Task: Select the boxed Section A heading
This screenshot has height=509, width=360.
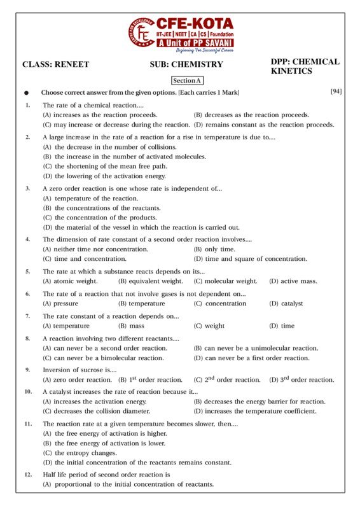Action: coord(187,81)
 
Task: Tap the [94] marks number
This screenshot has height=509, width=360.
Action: coord(336,92)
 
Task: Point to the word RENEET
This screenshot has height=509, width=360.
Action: coord(71,64)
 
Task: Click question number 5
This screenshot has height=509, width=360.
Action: coord(27,271)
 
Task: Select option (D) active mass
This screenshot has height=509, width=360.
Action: coord(291,281)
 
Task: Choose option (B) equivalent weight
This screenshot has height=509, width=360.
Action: coord(151,281)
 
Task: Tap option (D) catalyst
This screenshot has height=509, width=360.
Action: coord(286,303)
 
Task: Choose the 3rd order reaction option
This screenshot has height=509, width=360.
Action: coord(301,379)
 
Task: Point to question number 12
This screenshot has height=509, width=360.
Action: coord(28,475)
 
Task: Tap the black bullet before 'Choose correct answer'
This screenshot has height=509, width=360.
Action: coord(26,93)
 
